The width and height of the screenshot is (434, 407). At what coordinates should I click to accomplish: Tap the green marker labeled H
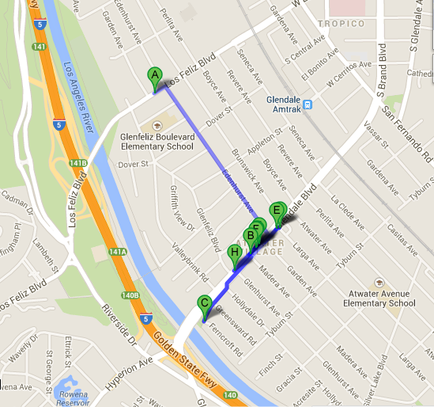tap(233, 253)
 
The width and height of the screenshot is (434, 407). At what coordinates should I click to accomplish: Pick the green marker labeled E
tap(277, 211)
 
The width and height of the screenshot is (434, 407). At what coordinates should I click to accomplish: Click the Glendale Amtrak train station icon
tap(308, 103)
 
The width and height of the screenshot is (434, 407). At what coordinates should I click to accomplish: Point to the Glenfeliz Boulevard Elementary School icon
tap(154, 125)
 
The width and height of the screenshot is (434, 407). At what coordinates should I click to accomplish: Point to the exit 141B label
tap(77, 163)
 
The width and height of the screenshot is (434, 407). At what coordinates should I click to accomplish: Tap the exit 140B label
tap(130, 295)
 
